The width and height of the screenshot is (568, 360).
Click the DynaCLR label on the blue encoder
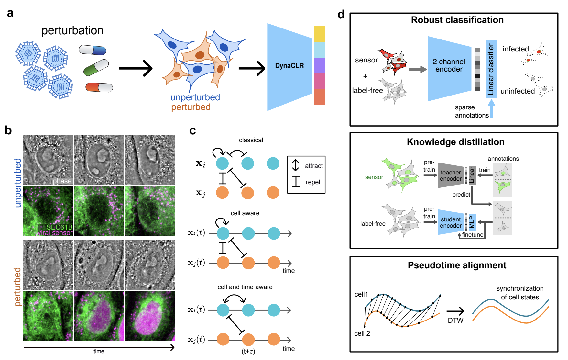pyautogui.click(x=289, y=66)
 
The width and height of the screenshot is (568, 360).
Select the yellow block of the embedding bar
pyautogui.click(x=319, y=34)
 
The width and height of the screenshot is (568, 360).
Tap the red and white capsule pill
pyautogui.click(x=99, y=87)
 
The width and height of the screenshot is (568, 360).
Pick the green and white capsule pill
pyautogui.click(x=96, y=67)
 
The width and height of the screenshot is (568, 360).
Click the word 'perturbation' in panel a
pyautogui.click(x=72, y=31)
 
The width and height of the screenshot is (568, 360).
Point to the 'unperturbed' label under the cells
pyautogui.click(x=195, y=97)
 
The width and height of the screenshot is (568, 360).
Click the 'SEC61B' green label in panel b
pyautogui.click(x=59, y=227)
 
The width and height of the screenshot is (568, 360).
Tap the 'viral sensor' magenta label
pyautogui.click(x=55, y=233)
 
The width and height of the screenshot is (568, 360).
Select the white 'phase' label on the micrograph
pyautogui.click(x=62, y=181)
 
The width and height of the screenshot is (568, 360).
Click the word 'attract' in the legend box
pyautogui.click(x=314, y=166)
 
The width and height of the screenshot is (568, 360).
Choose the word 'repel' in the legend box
pyautogui.click(x=313, y=182)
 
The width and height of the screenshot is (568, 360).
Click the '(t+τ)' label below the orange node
pyautogui.click(x=248, y=352)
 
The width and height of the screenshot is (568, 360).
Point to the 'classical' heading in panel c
pyautogui.click(x=251, y=140)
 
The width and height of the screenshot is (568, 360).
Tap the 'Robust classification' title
pyautogui.click(x=457, y=20)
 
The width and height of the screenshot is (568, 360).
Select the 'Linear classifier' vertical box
pyautogui.click(x=491, y=69)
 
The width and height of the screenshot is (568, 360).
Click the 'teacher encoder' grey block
pyautogui.click(x=451, y=175)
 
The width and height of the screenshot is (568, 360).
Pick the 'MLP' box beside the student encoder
pyautogui.click(x=472, y=222)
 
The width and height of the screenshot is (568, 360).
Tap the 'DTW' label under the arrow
pyautogui.click(x=455, y=321)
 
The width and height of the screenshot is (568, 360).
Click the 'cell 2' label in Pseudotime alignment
pyautogui.click(x=362, y=333)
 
